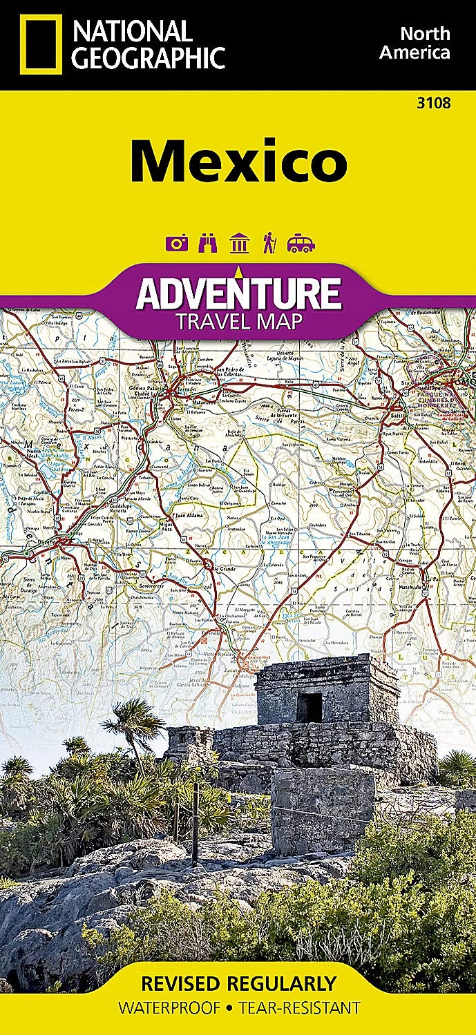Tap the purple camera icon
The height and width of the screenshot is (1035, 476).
tap(177, 243)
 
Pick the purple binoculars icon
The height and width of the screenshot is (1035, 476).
tap(207, 243)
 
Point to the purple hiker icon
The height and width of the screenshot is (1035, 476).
tap(269, 243)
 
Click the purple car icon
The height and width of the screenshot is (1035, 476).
tap(301, 243)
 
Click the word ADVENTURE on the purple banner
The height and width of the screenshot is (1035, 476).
tap(238, 293)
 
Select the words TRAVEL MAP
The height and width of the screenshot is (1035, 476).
tap(238, 321)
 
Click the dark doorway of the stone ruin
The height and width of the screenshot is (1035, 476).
tap(310, 707)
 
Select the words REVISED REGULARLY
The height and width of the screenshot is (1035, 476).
tap(238, 983)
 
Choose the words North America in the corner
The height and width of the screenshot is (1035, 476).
tap(425, 43)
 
